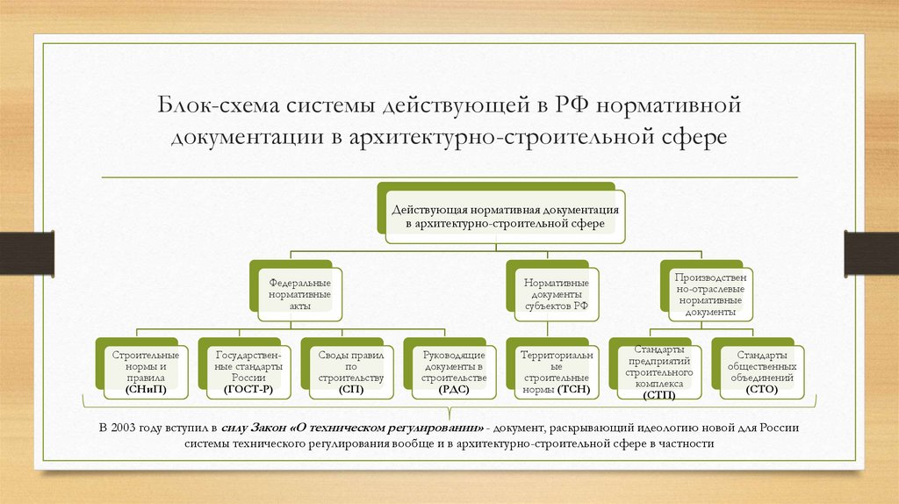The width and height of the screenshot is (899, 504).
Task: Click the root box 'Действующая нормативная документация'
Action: pyautogui.click(x=505, y=218)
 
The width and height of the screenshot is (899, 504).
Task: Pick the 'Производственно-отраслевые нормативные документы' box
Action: pyautogui.click(x=706, y=294)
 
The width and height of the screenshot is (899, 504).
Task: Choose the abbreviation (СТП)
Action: pyautogui.click(x=658, y=395)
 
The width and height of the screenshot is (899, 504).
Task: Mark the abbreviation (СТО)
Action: pyautogui.click(x=760, y=388)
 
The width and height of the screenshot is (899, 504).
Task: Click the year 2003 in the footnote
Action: pyautogui.click(x=126, y=428)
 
